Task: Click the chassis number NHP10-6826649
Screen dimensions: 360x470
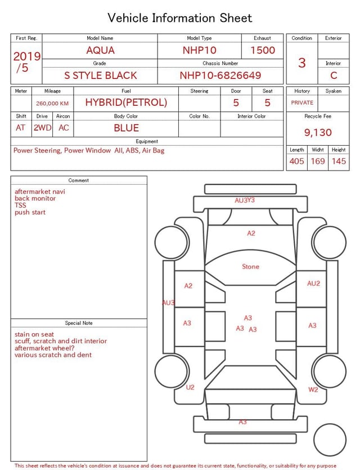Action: coord(220,75)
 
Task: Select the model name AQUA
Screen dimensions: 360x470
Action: coord(100,50)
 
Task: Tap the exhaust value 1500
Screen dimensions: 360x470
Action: coord(263,50)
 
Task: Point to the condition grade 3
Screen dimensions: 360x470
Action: coord(302,62)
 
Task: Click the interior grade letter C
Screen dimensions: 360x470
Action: coord(334,75)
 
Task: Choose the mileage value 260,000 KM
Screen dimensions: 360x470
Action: coord(52,104)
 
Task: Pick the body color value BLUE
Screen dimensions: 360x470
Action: coord(127,128)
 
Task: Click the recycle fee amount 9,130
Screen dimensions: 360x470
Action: coord(318,132)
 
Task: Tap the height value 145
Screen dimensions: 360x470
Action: coord(339,161)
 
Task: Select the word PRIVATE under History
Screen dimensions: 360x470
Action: coord(302,102)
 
